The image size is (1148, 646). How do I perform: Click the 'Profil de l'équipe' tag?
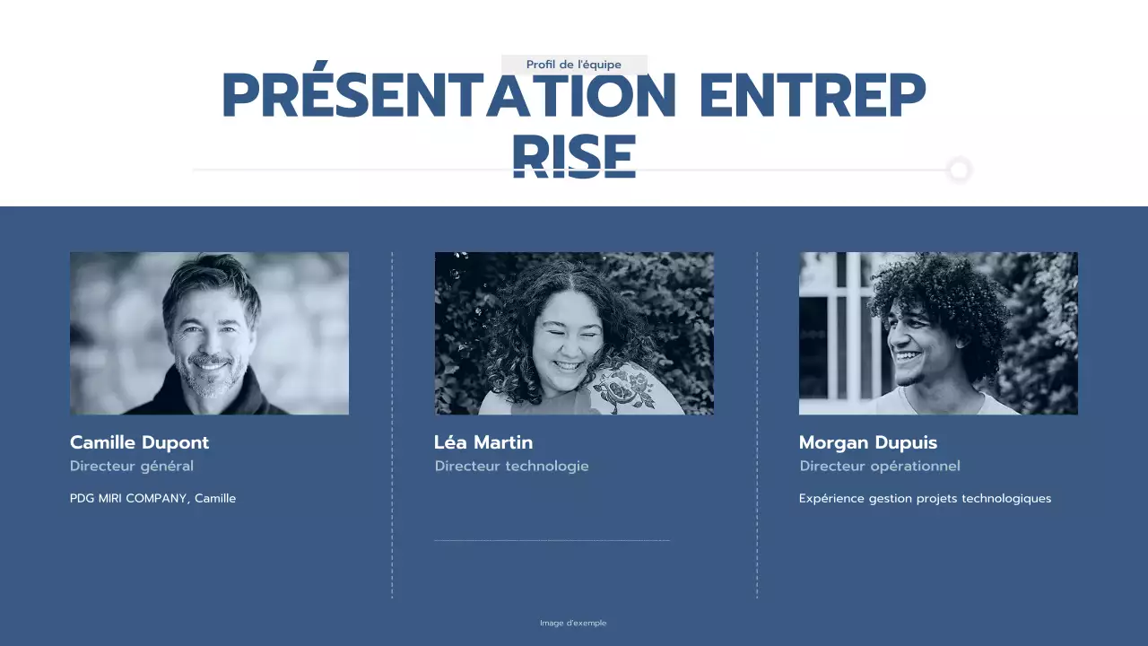pyautogui.click(x=574, y=65)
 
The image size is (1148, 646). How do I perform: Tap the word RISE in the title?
pyautogui.click(x=574, y=157)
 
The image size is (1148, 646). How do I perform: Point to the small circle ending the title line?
pyautogui.click(x=960, y=170)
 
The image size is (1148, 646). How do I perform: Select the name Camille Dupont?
pyautogui.click(x=139, y=442)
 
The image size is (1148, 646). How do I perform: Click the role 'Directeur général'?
pyautogui.click(x=132, y=467)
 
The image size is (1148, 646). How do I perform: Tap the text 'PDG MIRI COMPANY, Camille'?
pyautogui.click(x=152, y=499)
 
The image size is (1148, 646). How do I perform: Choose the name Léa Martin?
pyautogui.click(x=483, y=442)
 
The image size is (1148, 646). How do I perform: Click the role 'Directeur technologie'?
pyautogui.click(x=512, y=467)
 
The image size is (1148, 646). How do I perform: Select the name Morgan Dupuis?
pyautogui.click(x=868, y=442)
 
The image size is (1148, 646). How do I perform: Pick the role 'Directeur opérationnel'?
pyautogui.click(x=880, y=467)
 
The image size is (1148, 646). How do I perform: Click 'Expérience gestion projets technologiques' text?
pyautogui.click(x=925, y=499)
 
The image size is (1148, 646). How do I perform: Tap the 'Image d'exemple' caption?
pyautogui.click(x=573, y=624)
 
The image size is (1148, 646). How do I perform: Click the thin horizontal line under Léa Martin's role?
pyautogui.click(x=552, y=541)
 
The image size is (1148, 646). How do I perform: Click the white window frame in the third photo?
pyautogui.click(x=841, y=332)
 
